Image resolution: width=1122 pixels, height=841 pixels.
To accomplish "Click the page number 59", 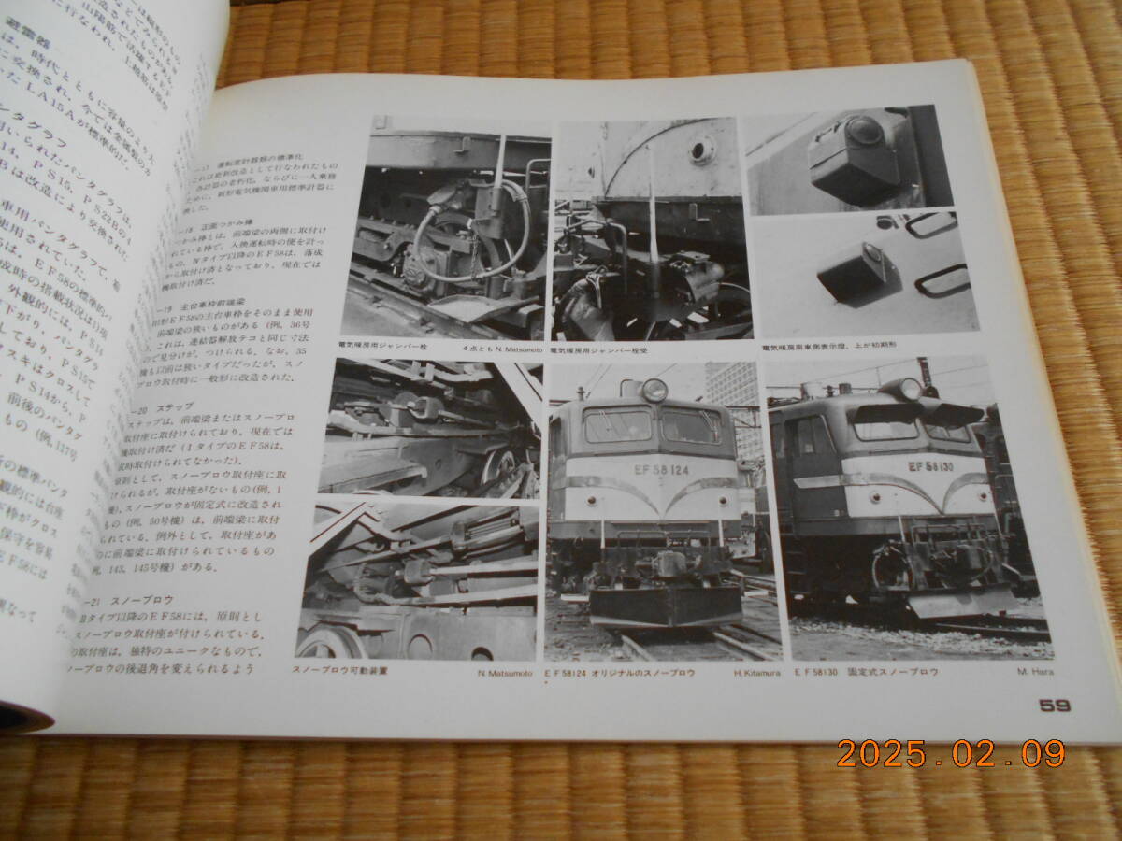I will pyautogui.click(x=1054, y=706).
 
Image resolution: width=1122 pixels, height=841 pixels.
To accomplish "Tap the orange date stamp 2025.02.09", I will pyautogui.click(x=950, y=753).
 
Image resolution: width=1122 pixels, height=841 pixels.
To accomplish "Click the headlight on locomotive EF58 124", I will pyautogui.click(x=654, y=390).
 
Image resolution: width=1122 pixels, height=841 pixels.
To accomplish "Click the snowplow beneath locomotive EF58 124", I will pyautogui.click(x=665, y=605).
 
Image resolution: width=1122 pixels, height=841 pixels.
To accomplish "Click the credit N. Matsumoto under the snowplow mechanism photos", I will pyautogui.click(x=504, y=673).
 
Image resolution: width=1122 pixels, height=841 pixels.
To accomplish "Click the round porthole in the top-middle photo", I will pyautogui.click(x=701, y=149).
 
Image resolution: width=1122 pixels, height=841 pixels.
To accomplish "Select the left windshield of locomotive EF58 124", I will pyautogui.click(x=617, y=426).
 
